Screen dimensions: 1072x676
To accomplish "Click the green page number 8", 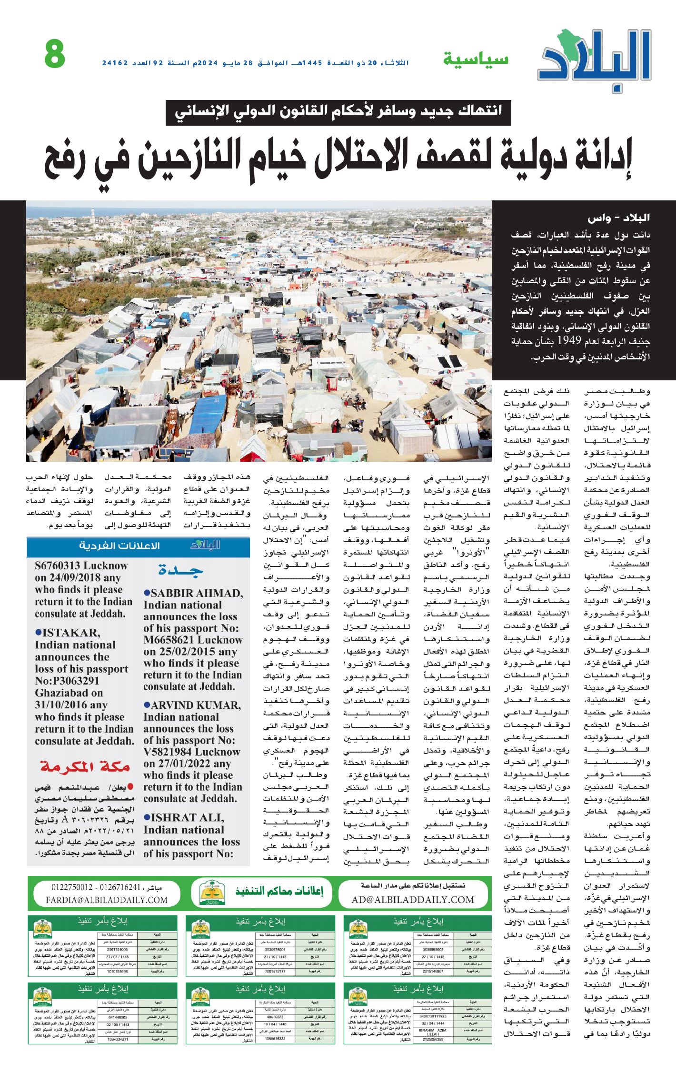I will (x=55, y=54).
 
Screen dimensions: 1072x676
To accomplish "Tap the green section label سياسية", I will (x=476, y=59).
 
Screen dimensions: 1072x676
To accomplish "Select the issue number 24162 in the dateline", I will (x=115, y=63).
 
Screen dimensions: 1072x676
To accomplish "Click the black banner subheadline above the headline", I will (x=338, y=112).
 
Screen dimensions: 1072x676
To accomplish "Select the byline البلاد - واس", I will (x=618, y=218).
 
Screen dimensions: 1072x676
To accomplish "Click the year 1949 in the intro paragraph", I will (x=569, y=341).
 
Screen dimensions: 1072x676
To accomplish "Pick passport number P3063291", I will (x=67, y=681).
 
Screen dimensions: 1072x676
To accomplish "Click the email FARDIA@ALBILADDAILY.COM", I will (x=107, y=900).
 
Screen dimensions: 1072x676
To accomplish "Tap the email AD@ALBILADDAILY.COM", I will (x=413, y=900).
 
